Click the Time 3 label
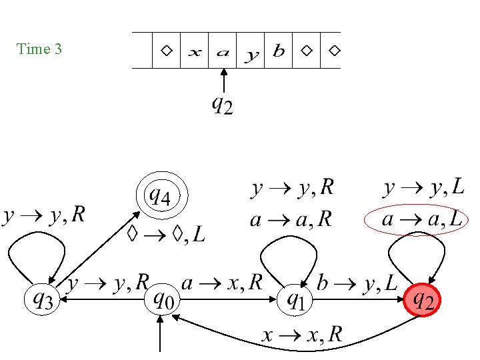(39, 49)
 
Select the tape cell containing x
(195, 51)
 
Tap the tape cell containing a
(223, 51)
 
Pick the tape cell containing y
(251, 51)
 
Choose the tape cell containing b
(279, 51)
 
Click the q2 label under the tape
(222, 105)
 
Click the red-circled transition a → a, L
(416, 219)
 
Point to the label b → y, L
(361, 285)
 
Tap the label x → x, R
(301, 335)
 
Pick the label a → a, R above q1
(291, 220)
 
